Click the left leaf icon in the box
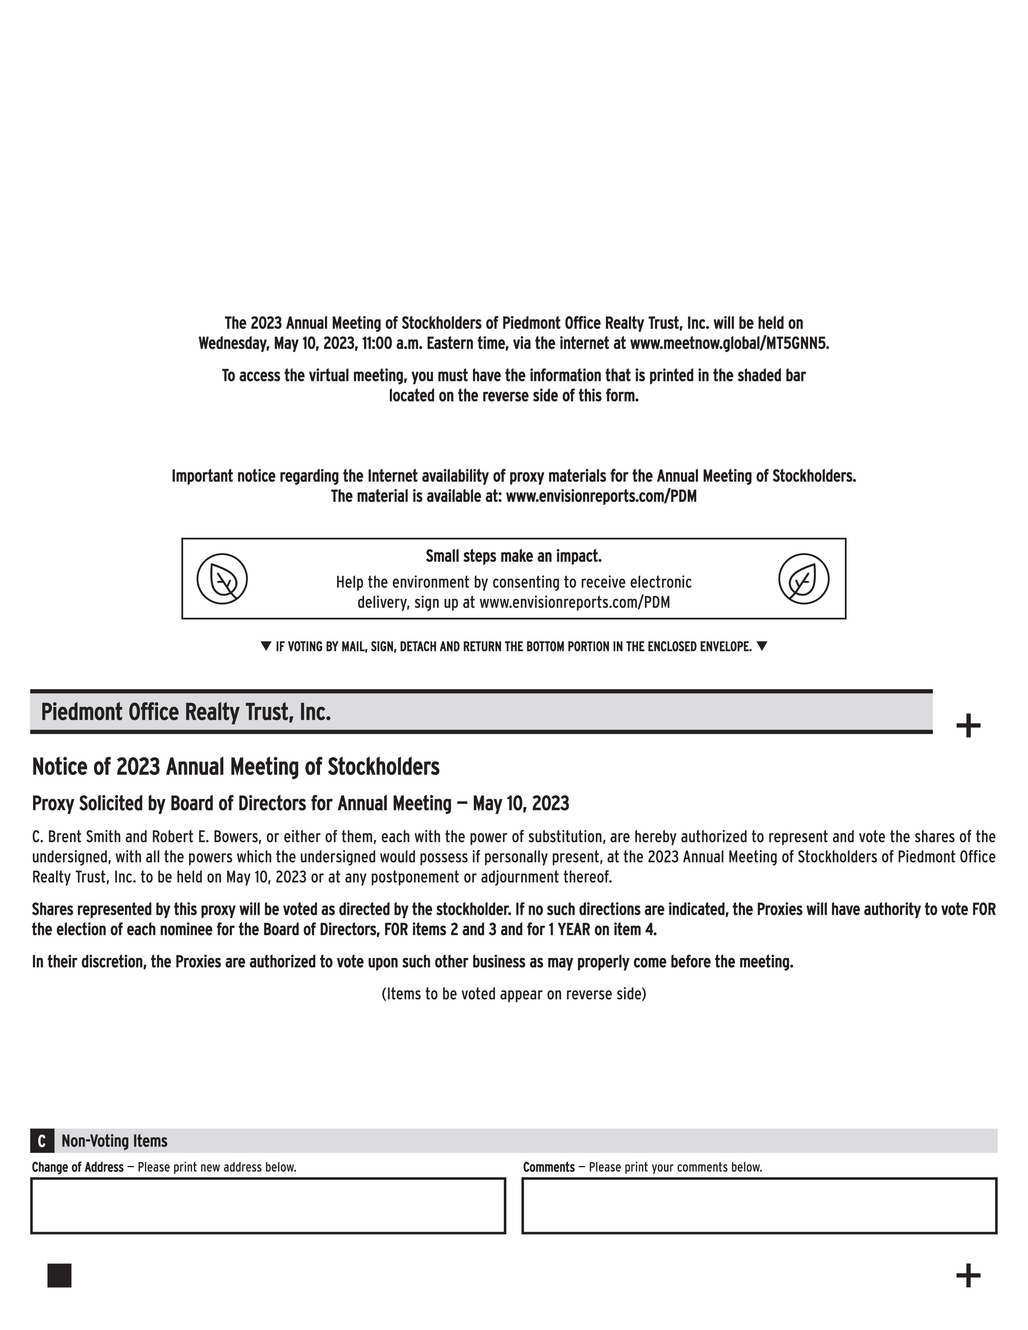click(x=222, y=578)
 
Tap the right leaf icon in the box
click(x=803, y=578)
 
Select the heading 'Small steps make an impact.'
click(x=513, y=556)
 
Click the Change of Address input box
click(x=268, y=1206)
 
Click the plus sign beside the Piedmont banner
click(x=968, y=726)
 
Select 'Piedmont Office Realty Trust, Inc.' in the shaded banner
click(x=186, y=712)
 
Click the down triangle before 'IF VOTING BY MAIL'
click(x=266, y=646)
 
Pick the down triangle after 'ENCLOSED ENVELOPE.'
click(x=762, y=646)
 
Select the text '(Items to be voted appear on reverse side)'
click(x=513, y=994)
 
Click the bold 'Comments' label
click(x=549, y=1168)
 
